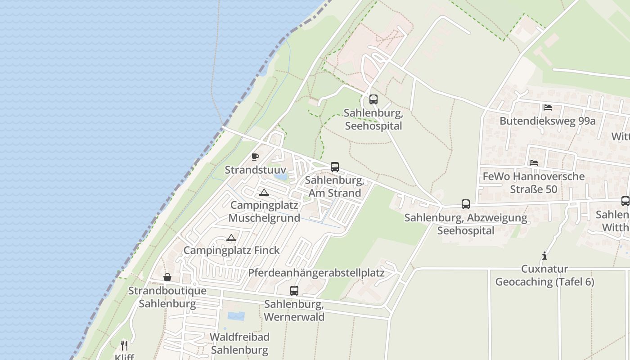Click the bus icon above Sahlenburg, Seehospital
click(373, 99)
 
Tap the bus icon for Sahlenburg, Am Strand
click(334, 167)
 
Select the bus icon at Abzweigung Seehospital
click(466, 204)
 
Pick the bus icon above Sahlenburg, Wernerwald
click(294, 291)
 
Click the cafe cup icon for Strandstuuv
click(255, 157)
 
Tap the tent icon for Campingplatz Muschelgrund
click(264, 193)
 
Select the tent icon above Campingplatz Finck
click(231, 238)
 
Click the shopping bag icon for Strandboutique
click(167, 277)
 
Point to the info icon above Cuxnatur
click(544, 256)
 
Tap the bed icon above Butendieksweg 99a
click(548, 108)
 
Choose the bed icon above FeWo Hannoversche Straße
click(534, 163)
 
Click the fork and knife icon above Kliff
click(124, 346)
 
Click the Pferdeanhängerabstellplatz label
click(316, 273)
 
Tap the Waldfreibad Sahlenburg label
click(239, 343)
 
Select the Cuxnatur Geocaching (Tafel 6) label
click(544, 275)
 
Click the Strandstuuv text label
click(255, 170)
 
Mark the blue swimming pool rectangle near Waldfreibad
click(236, 316)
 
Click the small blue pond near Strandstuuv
click(281, 177)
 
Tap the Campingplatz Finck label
click(231, 250)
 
